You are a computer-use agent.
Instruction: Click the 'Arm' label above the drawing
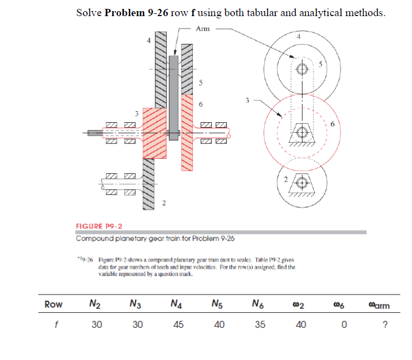(202, 28)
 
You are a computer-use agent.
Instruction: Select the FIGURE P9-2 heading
(99, 226)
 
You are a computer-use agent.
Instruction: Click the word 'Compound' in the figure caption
(95, 238)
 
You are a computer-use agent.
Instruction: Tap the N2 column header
(95, 304)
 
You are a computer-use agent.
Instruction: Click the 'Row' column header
(53, 304)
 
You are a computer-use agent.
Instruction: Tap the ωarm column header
(379, 304)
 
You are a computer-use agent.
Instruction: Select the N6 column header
(258, 304)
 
